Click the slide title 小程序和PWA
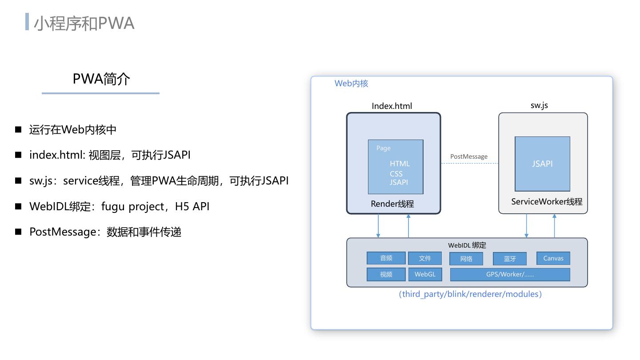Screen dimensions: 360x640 click(x=84, y=23)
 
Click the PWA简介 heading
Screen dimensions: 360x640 click(x=101, y=79)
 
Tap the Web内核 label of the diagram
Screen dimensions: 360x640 click(x=351, y=84)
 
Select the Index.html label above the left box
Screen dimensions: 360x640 click(x=392, y=106)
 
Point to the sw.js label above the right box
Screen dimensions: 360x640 click(x=539, y=105)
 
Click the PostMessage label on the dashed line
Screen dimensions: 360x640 click(x=468, y=156)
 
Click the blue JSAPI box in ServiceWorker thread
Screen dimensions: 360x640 click(x=542, y=164)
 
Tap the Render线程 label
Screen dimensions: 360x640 click(x=392, y=204)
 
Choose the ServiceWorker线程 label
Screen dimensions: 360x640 click(x=547, y=202)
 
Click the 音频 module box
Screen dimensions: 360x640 click(x=386, y=258)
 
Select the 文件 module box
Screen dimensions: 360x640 click(x=425, y=258)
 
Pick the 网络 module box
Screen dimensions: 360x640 click(x=466, y=259)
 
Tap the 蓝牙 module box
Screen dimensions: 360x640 click(x=510, y=259)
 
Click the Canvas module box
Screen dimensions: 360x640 click(x=553, y=258)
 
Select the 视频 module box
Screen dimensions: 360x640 click(x=386, y=274)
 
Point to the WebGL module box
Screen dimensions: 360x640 click(x=425, y=274)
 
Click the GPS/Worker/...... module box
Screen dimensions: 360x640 click(x=510, y=274)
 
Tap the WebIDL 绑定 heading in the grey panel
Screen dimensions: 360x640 click(x=467, y=245)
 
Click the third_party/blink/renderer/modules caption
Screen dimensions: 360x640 click(x=470, y=294)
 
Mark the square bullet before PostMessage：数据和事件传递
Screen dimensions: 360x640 click(x=18, y=232)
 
